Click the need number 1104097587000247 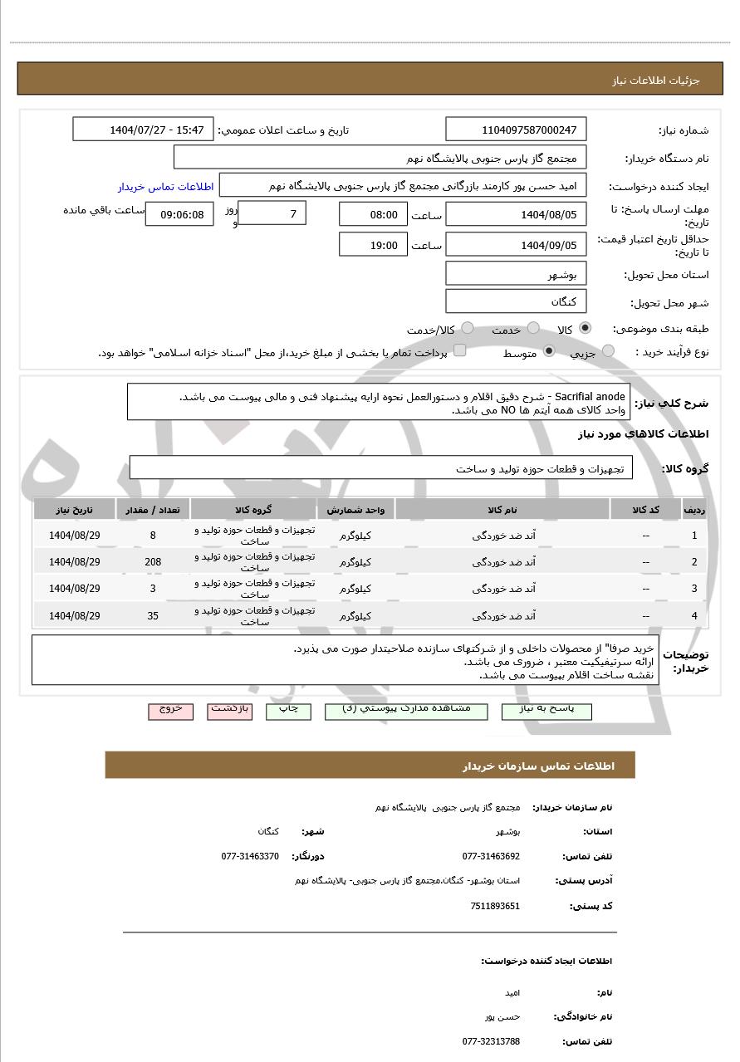coord(516,130)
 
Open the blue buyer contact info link coord(165,186)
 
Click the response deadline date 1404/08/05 coord(516,215)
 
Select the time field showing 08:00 coord(373,214)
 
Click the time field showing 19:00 coord(373,245)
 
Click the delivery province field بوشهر coord(516,274)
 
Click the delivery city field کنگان coord(516,301)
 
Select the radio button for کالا coord(586,329)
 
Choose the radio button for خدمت coord(533,329)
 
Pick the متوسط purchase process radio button coord(548,352)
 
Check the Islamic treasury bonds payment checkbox coord(459,350)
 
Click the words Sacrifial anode coord(590,396)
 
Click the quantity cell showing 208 coord(153,562)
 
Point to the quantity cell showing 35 coord(153,616)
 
